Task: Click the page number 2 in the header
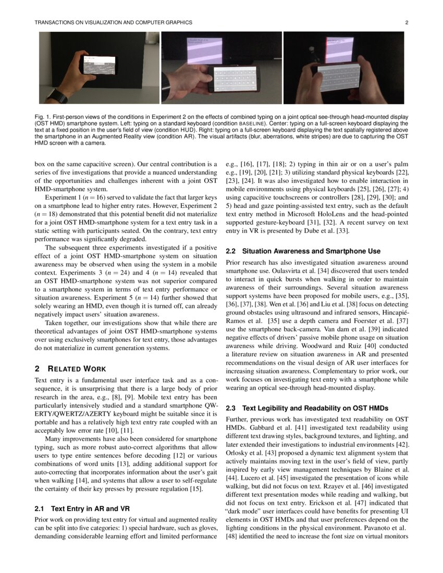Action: point(407,22)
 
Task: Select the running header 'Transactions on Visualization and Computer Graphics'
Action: point(113,22)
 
